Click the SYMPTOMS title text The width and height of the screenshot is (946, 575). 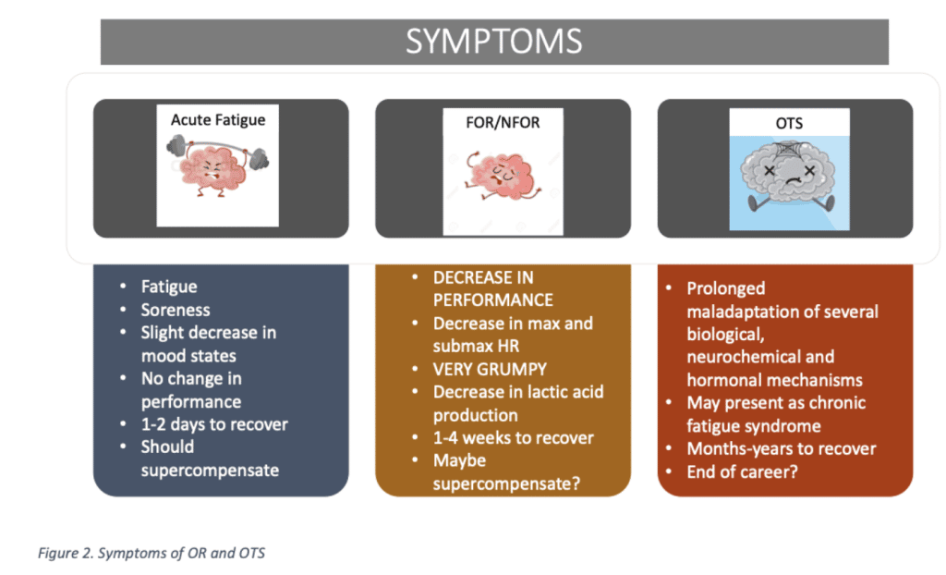click(493, 41)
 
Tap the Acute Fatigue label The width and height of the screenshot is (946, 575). click(218, 119)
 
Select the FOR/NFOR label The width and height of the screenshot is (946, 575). click(503, 123)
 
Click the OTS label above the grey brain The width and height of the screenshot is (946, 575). click(789, 123)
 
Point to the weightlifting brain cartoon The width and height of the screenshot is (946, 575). click(218, 165)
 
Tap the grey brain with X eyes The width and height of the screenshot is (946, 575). click(788, 176)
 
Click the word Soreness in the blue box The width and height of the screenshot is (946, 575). click(176, 310)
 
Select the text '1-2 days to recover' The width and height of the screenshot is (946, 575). click(214, 424)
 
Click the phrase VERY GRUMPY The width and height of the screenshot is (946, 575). click(490, 369)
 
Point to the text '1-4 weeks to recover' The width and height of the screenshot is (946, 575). click(514, 437)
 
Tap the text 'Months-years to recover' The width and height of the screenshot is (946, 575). click(782, 448)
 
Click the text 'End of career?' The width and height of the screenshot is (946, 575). click(742, 471)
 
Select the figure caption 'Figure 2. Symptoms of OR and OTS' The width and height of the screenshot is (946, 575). click(152, 553)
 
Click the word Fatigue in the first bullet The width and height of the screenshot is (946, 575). click(169, 287)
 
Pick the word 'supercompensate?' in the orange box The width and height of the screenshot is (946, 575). click(506, 483)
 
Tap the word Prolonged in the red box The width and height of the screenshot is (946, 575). click(726, 288)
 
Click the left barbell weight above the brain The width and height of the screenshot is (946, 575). click(176, 145)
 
